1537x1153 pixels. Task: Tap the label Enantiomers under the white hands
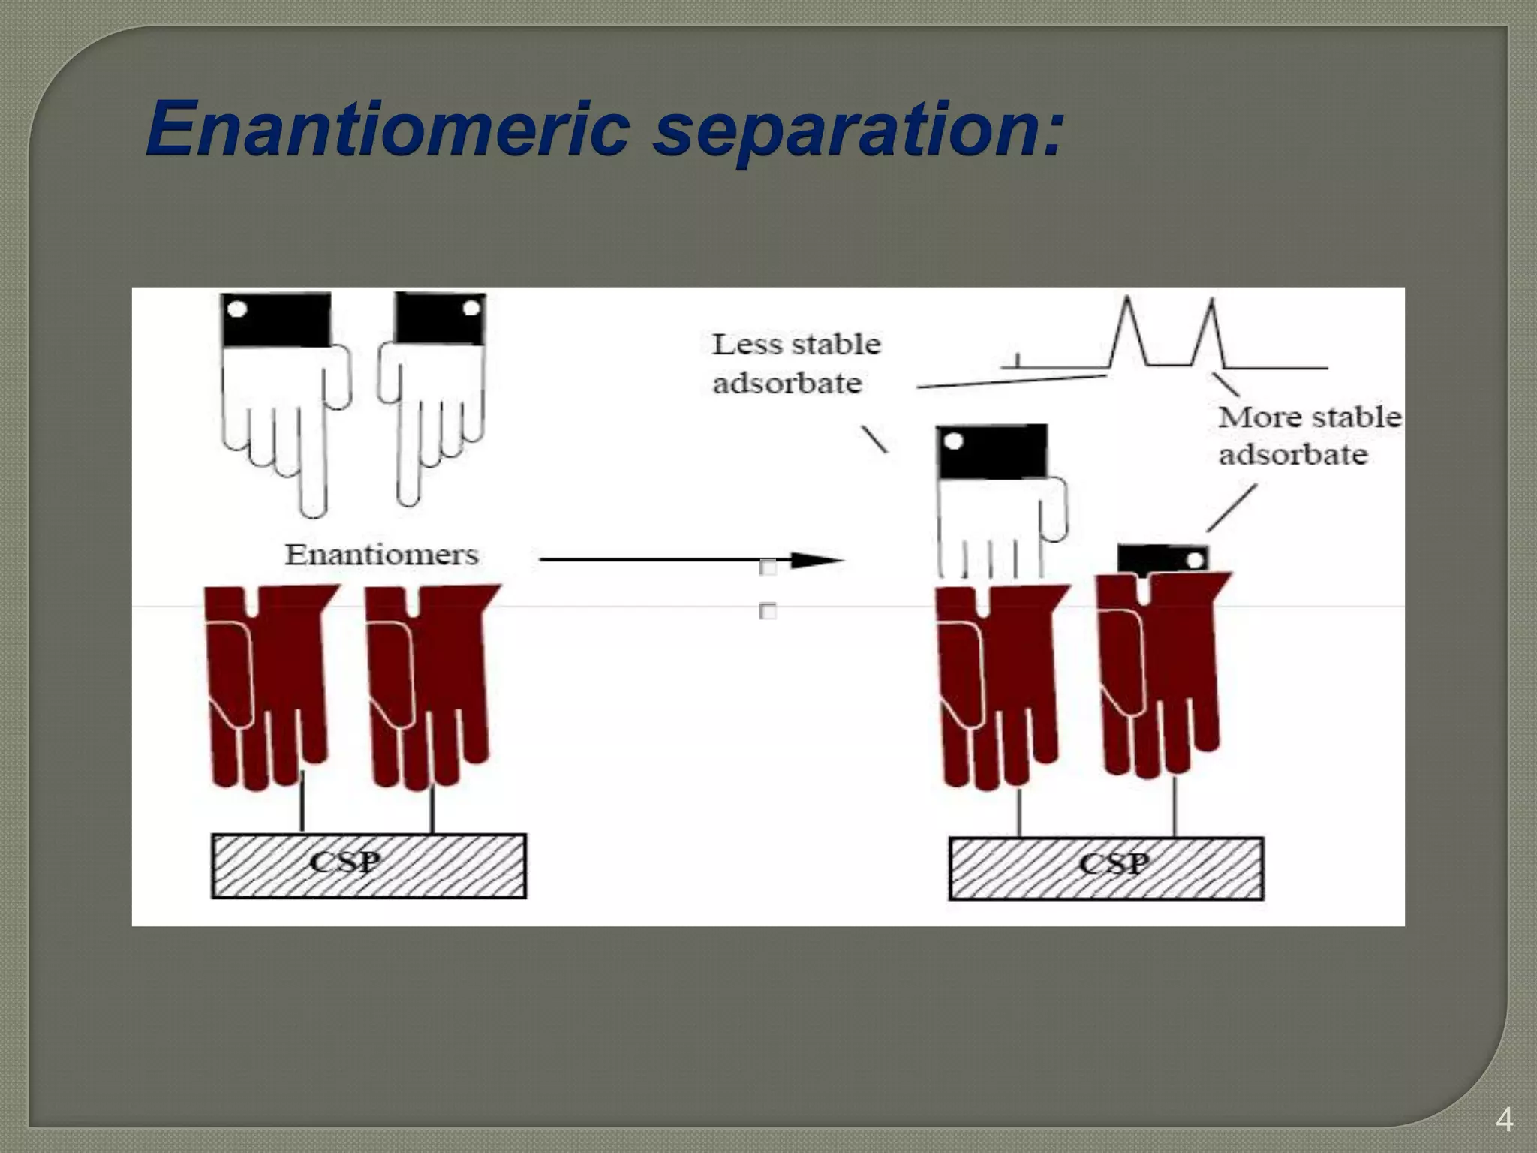click(381, 555)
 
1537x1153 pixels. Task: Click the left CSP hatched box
click(368, 866)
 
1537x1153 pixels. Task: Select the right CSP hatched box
click(1105, 868)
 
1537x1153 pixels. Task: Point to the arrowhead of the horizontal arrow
click(818, 560)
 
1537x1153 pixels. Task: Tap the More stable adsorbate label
click(1307, 435)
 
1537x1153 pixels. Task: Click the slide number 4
click(1504, 1120)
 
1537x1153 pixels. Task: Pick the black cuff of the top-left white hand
click(276, 319)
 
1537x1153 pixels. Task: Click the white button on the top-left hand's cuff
click(236, 309)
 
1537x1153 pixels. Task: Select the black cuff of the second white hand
click(440, 318)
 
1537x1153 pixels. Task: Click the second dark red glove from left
click(428, 683)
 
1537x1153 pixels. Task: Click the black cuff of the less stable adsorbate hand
click(991, 450)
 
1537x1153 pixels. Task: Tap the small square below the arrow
click(768, 612)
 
